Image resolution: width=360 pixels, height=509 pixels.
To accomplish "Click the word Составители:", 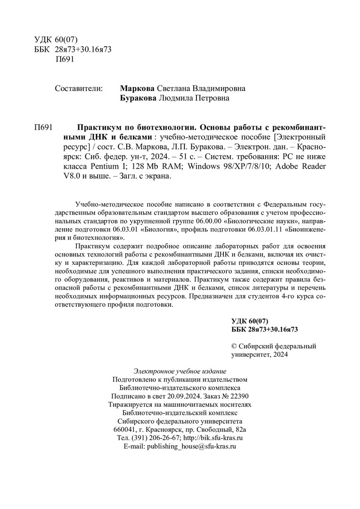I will coord(79,88).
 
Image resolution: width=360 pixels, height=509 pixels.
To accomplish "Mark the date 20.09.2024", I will coord(184,396).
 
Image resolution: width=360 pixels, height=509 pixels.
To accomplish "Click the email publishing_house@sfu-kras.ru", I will coord(191,446).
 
